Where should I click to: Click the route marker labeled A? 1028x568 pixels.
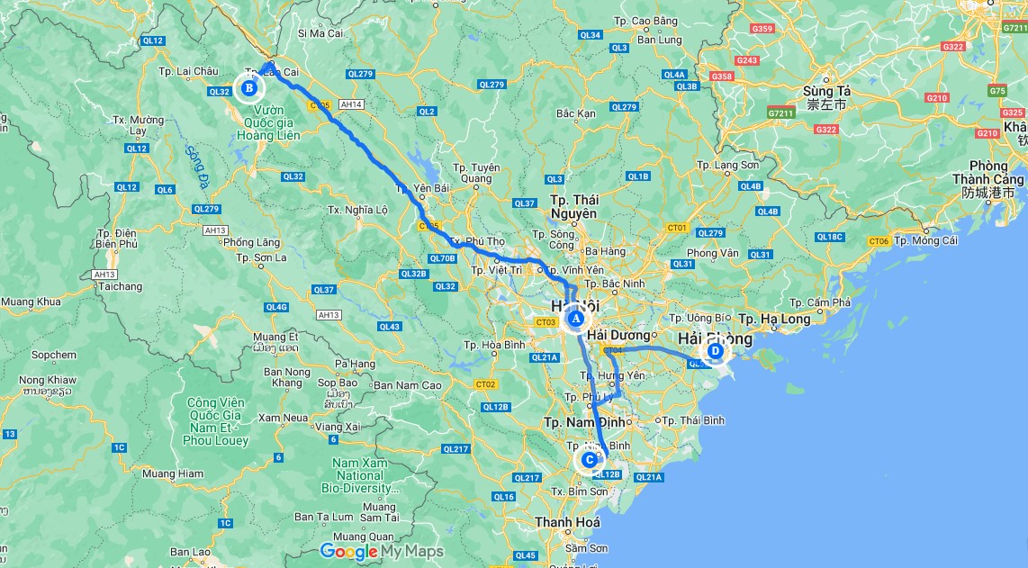coord(575,318)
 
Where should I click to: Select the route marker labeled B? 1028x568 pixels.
coord(248,87)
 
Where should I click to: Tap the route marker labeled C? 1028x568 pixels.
coord(589,460)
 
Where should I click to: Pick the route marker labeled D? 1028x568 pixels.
coord(715,351)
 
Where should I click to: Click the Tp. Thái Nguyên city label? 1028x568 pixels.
coord(573,206)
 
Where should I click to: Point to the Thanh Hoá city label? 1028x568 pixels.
coord(567,522)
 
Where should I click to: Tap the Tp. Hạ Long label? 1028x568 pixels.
coord(773,319)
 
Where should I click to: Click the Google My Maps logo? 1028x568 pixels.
coord(382,551)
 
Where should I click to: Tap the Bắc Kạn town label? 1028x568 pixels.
coord(576,113)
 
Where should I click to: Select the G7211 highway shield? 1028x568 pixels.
coord(780,113)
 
